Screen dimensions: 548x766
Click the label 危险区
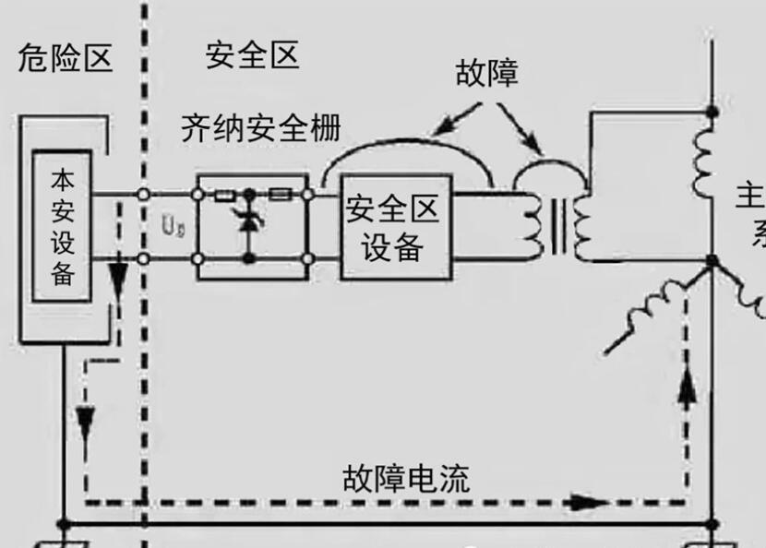tap(66, 57)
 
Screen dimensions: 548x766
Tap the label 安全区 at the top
tap(253, 55)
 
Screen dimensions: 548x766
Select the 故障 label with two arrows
tap(486, 73)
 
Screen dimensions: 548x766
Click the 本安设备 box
tap(62, 226)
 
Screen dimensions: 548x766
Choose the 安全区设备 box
tap(395, 226)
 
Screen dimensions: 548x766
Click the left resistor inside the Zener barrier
tap(223, 195)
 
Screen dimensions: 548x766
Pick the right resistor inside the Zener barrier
tap(281, 195)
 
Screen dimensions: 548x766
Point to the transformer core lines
tap(559, 227)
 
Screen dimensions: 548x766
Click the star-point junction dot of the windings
tap(712, 262)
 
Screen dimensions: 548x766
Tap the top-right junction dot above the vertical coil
tap(712, 112)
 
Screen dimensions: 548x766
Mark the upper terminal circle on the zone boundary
tap(144, 195)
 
